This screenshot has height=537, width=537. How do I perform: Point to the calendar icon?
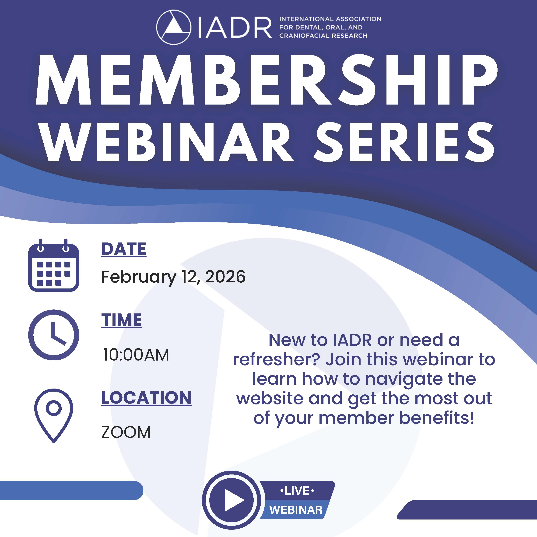coord(54,265)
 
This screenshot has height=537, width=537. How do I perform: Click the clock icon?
coord(54,335)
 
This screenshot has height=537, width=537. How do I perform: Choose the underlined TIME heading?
coord(121,320)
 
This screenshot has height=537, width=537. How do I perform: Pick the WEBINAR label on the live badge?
coord(296,510)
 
